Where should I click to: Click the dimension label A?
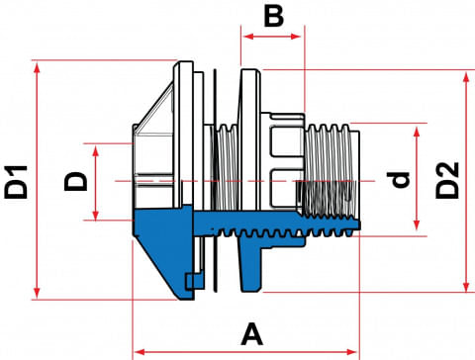point(252,334)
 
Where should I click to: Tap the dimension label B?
point(274,17)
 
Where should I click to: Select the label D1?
point(16,182)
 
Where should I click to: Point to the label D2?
point(447,180)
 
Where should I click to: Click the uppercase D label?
point(76,181)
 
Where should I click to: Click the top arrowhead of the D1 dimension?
point(37,67)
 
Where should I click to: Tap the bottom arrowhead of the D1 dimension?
point(37,293)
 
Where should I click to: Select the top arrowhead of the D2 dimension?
point(466,78)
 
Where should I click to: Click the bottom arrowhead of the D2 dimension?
point(466,285)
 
